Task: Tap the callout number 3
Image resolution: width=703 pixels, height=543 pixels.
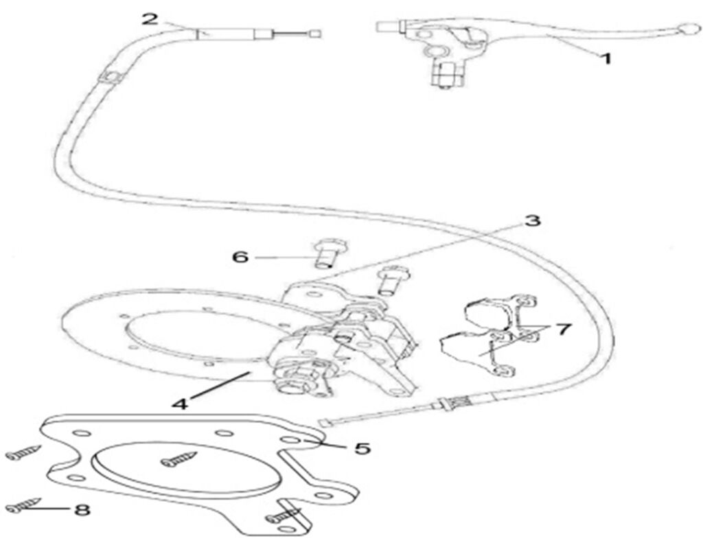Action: coord(533,221)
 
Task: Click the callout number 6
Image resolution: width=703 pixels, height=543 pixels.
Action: coord(240,257)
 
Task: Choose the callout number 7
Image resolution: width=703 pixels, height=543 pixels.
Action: coord(563,330)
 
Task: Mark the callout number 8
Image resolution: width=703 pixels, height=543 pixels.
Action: coord(82,510)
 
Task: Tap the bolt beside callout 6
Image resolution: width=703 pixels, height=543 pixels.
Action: coord(327,252)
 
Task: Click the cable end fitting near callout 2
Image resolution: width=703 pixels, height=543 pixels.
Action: coord(315,32)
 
